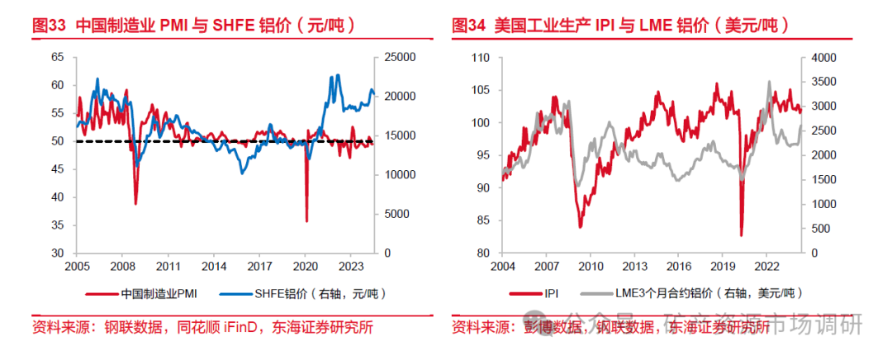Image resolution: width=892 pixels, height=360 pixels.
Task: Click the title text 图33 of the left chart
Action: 49,26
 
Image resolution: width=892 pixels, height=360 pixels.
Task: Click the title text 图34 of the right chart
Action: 468,26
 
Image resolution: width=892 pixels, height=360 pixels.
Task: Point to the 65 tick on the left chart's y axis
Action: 58,57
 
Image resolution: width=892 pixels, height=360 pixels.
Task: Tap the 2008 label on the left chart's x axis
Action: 122,267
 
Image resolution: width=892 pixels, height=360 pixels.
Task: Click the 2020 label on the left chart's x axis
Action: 306,267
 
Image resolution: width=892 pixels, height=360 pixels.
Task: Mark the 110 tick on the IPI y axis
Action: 480,57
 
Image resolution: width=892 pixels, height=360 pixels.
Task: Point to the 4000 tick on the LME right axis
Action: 818,57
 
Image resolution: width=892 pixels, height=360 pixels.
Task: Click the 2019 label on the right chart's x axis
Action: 723,267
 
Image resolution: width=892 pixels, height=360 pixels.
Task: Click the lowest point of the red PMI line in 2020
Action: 306,220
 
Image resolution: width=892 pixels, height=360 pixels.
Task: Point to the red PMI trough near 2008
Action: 135,203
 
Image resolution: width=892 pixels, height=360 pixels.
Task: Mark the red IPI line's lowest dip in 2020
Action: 741,235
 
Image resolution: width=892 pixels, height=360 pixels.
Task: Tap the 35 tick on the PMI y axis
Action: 58,225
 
